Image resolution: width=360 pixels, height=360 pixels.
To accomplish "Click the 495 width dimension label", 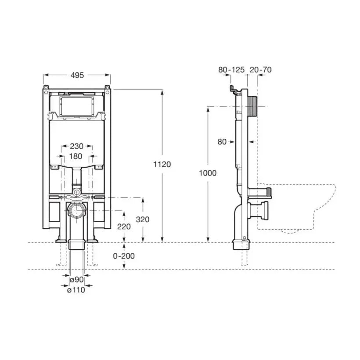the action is [77, 75].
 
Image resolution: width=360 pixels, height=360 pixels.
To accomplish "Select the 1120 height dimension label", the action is [162, 164].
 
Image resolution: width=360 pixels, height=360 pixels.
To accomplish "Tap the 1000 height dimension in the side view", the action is [208, 173].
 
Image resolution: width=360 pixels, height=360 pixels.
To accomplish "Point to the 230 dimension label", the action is [77, 146].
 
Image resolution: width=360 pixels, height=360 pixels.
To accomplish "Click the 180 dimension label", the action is [76, 156].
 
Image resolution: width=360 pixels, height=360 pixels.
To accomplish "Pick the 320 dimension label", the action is [143, 219].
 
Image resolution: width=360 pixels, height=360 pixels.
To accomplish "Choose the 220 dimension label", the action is [124, 227].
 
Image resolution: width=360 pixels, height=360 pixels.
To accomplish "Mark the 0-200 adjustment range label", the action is [124, 256].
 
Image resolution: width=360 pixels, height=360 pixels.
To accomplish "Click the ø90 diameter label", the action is [77, 280].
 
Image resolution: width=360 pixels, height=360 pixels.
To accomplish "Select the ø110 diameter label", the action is [76, 290].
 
